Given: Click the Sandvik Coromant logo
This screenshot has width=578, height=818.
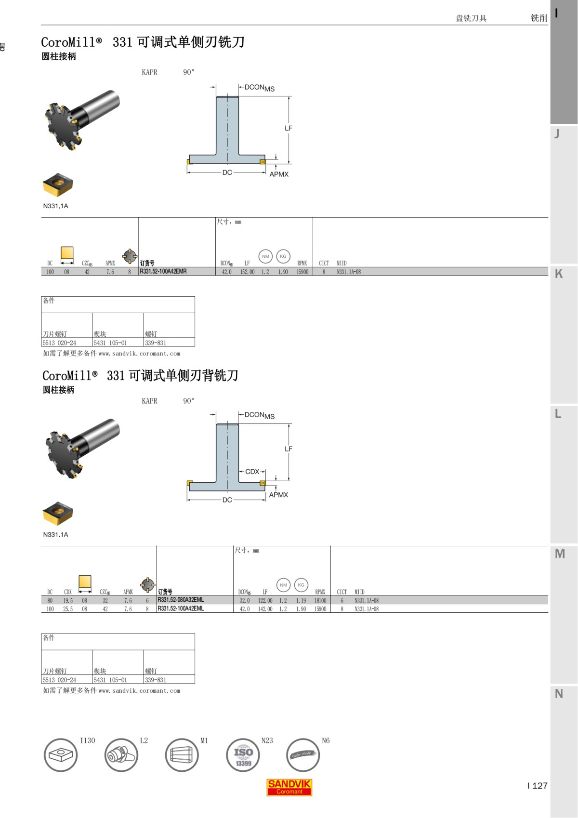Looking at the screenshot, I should click(x=289, y=787).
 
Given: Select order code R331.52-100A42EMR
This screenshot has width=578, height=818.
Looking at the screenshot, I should click(x=163, y=272).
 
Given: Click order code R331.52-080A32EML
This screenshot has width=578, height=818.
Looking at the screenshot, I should click(x=181, y=600).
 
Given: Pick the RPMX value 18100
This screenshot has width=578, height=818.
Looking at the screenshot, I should click(x=320, y=601).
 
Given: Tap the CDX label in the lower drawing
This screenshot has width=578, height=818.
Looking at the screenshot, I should click(x=252, y=472).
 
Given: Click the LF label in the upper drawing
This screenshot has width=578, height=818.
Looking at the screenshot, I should click(x=289, y=128).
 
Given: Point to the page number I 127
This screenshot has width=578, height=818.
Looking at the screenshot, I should click(x=538, y=786).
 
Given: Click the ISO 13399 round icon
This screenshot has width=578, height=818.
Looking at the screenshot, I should click(x=243, y=755).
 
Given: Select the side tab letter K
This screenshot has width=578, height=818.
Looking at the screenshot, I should click(x=559, y=274).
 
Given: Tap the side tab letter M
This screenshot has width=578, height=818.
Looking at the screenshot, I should click(x=560, y=554).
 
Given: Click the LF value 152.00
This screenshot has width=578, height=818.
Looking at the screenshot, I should click(x=247, y=272).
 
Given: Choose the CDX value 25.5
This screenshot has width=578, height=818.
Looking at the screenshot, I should click(x=68, y=609).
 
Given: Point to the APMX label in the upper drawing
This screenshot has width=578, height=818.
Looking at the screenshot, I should click(x=279, y=174).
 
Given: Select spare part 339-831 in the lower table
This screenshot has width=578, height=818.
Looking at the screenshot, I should click(x=156, y=680).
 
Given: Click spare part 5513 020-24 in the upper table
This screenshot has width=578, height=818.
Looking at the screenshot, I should click(x=59, y=343).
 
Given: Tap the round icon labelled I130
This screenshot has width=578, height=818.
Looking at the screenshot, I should click(x=61, y=755).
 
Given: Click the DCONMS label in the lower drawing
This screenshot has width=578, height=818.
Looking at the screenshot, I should click(x=259, y=415).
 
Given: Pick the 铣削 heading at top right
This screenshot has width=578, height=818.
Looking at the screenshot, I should click(x=539, y=18).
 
